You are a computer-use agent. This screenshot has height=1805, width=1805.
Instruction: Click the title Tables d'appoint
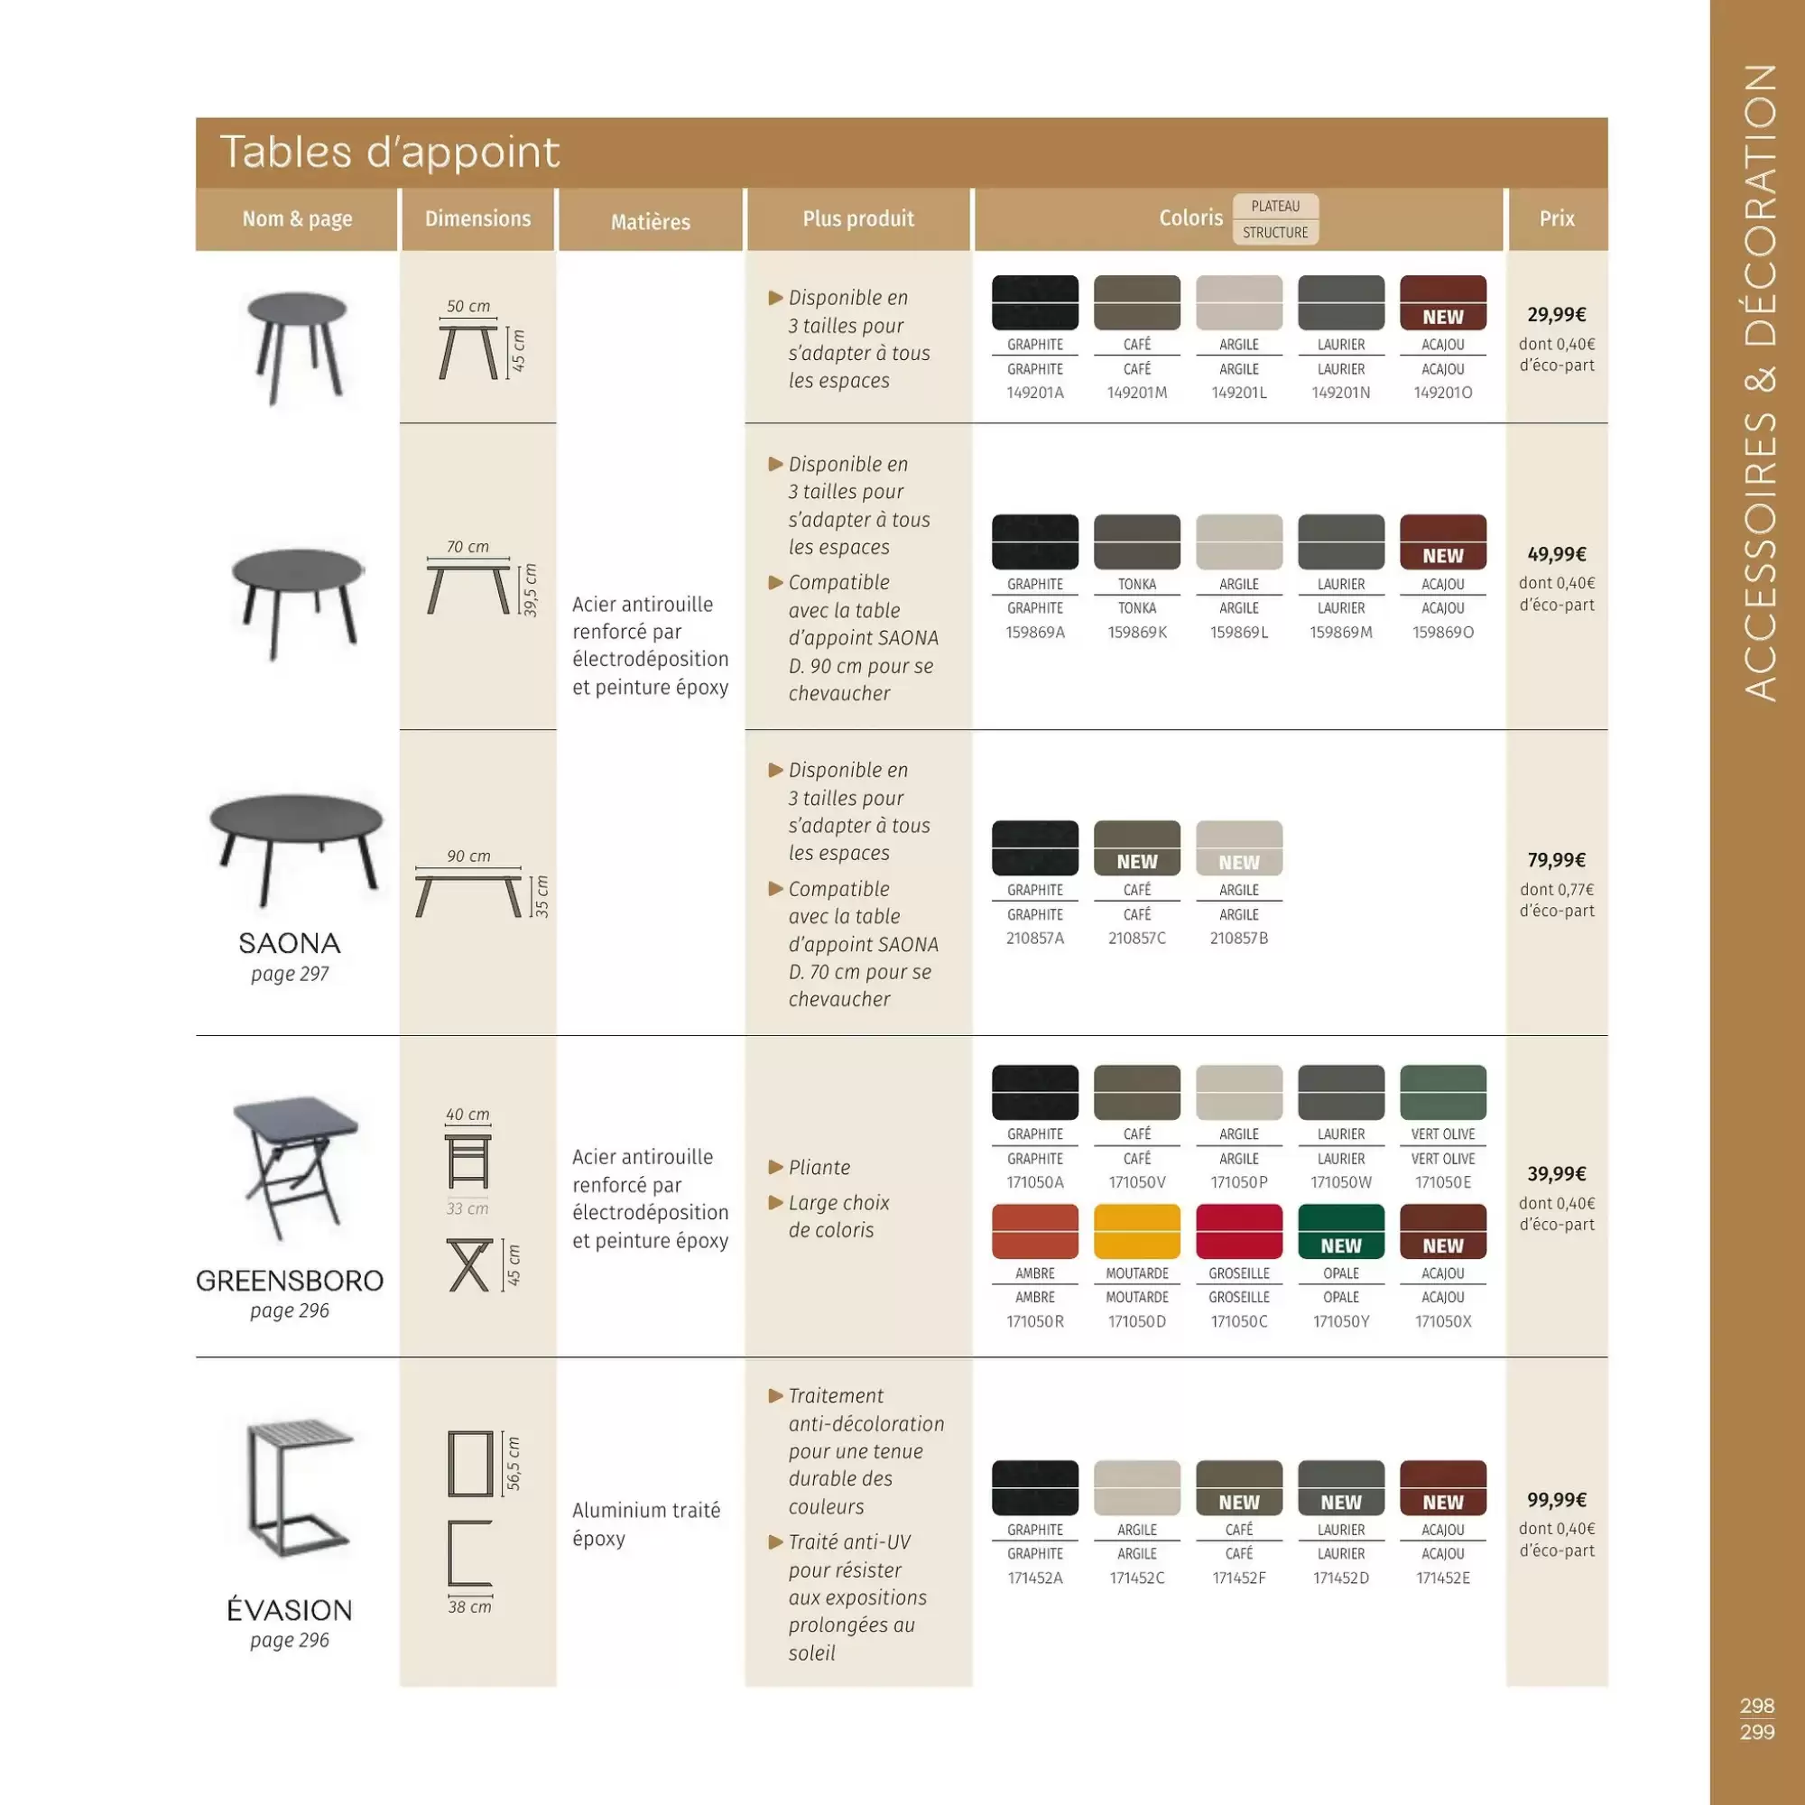tap(389, 153)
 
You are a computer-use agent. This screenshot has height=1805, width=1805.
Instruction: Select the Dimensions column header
tap(477, 218)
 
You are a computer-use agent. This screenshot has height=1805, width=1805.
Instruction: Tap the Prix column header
tap(1557, 218)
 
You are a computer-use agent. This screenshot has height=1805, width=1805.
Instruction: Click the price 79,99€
tap(1557, 859)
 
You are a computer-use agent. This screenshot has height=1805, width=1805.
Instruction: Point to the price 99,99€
tap(1557, 1499)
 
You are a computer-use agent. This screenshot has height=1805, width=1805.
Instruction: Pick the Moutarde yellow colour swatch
tap(1136, 1231)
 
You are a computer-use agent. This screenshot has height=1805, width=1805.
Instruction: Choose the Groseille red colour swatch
tap(1239, 1231)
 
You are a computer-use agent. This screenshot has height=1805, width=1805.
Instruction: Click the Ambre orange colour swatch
tap(1034, 1231)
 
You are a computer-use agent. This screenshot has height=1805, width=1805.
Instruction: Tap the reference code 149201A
tap(1034, 393)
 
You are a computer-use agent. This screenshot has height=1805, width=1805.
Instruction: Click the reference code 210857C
tap(1136, 938)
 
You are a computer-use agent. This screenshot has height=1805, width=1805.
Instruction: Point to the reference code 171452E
tap(1442, 1578)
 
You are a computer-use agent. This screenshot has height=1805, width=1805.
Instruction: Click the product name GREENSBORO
tap(290, 1280)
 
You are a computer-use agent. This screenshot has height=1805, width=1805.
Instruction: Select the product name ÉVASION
tap(290, 1610)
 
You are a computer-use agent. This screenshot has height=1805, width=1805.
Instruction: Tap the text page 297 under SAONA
tap(290, 974)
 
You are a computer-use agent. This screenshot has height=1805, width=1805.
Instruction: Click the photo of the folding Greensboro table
tap(295, 1168)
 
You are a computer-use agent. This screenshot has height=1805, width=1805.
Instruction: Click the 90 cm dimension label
tap(468, 856)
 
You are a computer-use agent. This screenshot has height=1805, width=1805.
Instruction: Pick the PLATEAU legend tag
tap(1275, 207)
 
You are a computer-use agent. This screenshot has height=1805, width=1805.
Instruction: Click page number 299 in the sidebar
tap(1756, 1732)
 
